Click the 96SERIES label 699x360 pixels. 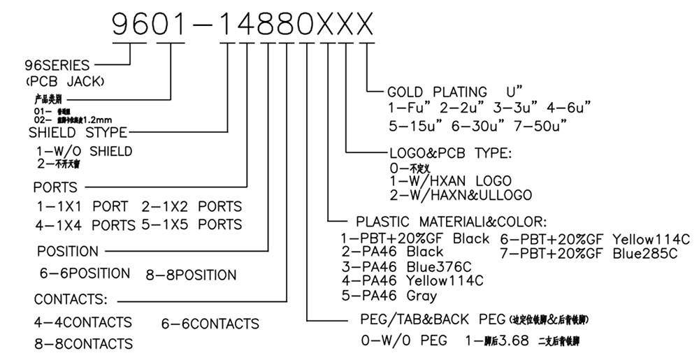point(57,66)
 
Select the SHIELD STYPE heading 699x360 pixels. point(78,132)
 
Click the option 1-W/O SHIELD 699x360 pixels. point(85,151)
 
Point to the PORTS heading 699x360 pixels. point(55,187)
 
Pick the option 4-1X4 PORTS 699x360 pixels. point(85,225)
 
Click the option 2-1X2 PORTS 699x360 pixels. point(192,207)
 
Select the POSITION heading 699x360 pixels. point(68,252)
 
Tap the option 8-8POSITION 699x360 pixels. point(191,275)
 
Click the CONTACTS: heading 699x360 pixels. point(71,300)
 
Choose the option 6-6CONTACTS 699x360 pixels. point(210,324)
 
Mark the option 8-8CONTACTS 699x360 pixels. point(83,344)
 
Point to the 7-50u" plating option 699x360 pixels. point(541,126)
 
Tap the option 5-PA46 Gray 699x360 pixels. point(389,296)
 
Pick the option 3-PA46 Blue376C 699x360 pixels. point(406,266)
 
